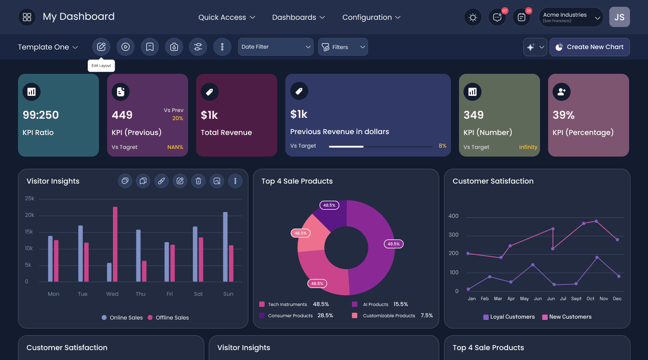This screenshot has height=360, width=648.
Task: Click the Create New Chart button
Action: tap(589, 47)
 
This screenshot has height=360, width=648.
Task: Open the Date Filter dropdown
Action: tap(275, 47)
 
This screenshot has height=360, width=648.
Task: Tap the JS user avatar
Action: tap(619, 17)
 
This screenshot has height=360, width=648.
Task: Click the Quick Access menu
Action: tap(226, 18)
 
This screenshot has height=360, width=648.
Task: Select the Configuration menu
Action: tap(371, 18)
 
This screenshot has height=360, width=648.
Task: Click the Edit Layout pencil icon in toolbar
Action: tap(101, 47)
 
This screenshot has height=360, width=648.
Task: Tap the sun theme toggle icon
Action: tap(472, 18)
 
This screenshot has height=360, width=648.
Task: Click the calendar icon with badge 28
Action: tap(521, 18)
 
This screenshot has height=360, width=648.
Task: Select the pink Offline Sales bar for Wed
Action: tap(115, 244)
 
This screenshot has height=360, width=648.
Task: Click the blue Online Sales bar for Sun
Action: tap(225, 247)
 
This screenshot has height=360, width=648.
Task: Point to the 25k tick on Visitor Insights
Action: tap(30, 198)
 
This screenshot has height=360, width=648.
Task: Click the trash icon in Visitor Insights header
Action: tap(198, 181)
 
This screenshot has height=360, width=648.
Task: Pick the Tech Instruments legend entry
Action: tap(294, 304)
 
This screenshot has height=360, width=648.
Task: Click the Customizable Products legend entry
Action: tap(392, 315)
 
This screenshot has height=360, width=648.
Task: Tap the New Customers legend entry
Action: tap(567, 317)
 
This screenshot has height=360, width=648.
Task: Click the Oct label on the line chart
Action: tap(590, 298)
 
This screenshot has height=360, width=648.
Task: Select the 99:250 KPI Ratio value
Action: tap(40, 115)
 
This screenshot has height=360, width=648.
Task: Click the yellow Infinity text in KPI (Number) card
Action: tap(528, 147)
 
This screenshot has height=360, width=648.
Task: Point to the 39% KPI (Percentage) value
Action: tap(563, 115)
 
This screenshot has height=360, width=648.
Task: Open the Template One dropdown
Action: tap(48, 47)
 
